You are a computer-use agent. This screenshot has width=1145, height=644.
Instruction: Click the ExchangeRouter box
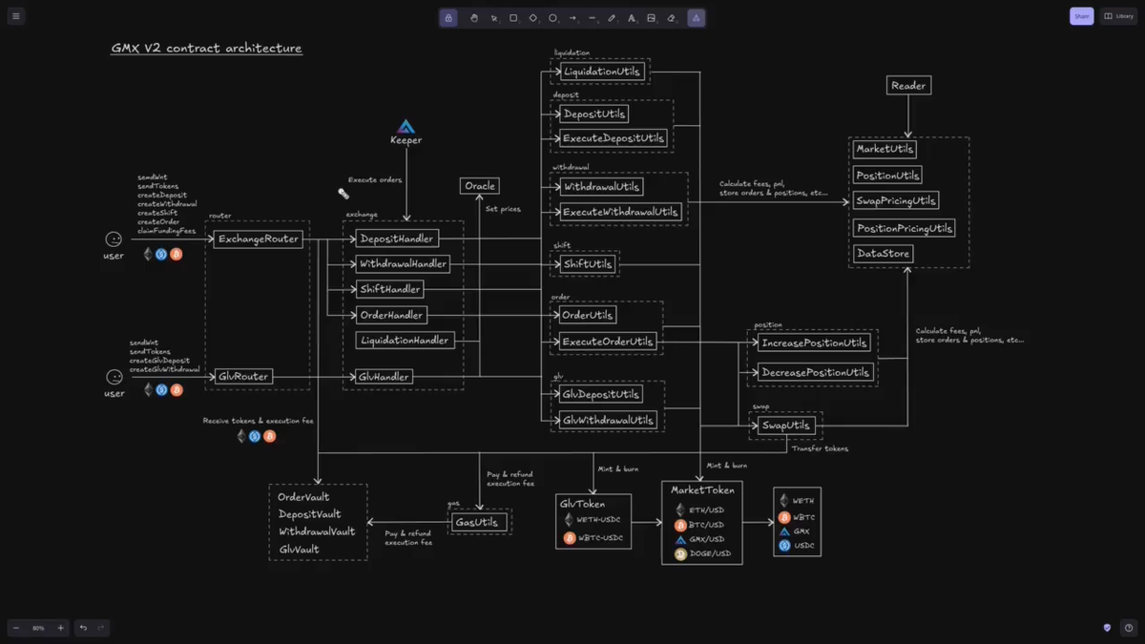pos(258,239)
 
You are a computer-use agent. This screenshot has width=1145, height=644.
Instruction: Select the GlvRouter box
pos(243,377)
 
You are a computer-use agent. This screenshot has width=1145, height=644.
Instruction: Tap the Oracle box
pos(479,186)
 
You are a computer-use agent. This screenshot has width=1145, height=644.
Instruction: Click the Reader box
pos(908,86)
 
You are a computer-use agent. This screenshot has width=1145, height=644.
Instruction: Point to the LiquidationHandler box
pos(406,341)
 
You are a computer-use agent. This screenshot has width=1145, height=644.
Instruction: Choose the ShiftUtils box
pos(588,264)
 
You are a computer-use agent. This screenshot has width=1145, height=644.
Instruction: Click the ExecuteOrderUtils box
pos(608,342)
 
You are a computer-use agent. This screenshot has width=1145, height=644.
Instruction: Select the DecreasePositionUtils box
pos(816,372)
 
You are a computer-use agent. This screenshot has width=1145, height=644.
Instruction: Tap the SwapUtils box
pos(786,426)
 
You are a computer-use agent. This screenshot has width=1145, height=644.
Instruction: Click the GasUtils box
pos(478,522)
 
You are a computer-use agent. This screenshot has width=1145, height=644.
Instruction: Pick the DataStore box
pos(884,254)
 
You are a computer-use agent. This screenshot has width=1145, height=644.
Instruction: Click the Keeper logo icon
pos(406,127)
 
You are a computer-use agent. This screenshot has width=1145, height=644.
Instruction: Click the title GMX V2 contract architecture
pos(206,49)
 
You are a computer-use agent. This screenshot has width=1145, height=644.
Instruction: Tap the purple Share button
pos(1081,16)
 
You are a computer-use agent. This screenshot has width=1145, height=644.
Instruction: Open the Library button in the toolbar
pos(1119,16)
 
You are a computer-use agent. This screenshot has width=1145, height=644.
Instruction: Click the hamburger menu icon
pos(16,16)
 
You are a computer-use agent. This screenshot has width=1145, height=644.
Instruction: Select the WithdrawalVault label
pos(317,531)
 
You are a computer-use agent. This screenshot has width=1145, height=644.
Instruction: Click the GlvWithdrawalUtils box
pos(608,420)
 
